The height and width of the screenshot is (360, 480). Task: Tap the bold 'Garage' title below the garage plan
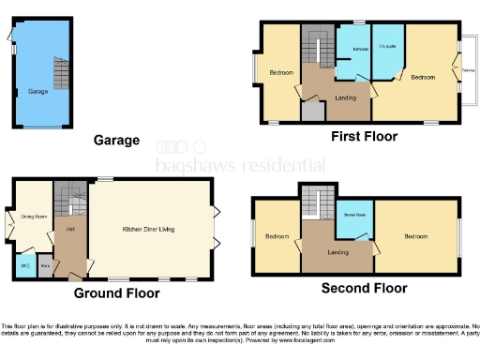[116, 141]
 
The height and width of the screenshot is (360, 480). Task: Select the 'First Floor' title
[364, 136]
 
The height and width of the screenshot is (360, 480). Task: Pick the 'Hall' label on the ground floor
[69, 229]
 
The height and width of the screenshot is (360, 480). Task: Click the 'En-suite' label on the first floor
[385, 46]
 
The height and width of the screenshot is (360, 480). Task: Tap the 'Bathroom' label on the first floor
[358, 49]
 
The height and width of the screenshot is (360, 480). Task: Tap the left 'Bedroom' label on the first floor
[281, 72]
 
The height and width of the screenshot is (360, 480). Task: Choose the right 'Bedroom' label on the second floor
[416, 236]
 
